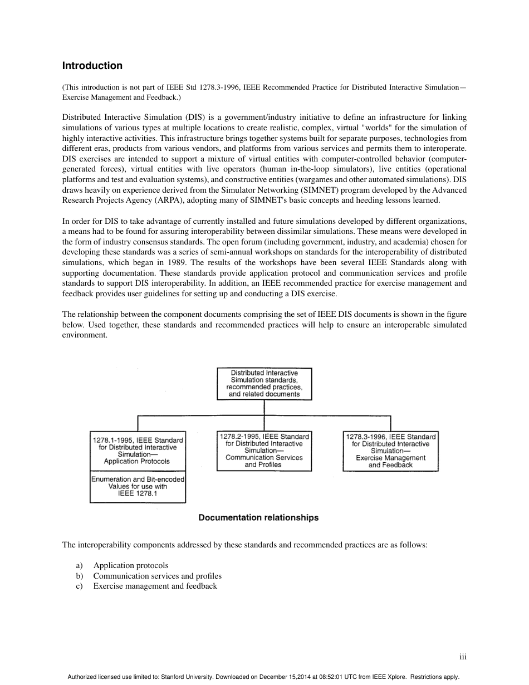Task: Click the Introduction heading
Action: pos(92,66)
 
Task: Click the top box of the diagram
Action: pos(264,384)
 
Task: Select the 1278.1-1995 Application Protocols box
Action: pos(137,451)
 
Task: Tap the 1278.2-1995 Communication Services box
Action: pos(264,451)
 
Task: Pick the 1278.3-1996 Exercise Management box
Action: pos(390,451)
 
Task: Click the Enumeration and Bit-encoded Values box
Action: pos(138,487)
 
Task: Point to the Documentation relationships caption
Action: pos(258,518)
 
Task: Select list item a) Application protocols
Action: pos(130,565)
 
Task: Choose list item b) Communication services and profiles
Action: pos(157,576)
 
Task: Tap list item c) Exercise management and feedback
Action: pos(155,586)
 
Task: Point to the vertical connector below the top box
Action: pos(264,408)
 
